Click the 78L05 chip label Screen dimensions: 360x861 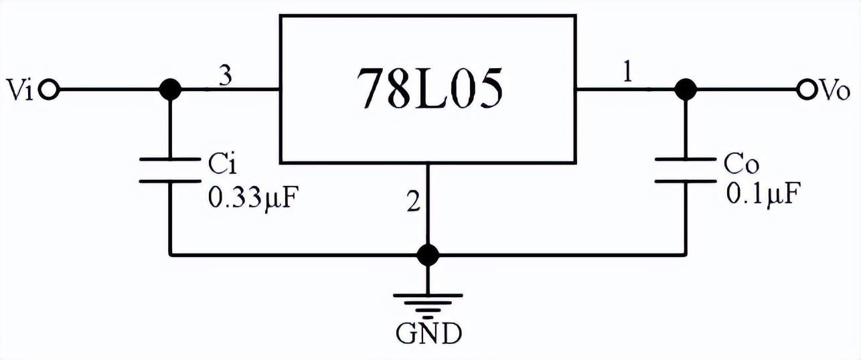pos(428,88)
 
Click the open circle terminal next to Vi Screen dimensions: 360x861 pos(49,89)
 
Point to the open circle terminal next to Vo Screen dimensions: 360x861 pos(805,89)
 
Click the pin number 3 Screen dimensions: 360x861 pos(226,77)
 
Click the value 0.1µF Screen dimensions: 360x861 pos(762,195)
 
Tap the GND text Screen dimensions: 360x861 pos(428,333)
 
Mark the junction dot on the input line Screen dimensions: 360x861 pos(171,89)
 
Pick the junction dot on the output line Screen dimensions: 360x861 pos(684,89)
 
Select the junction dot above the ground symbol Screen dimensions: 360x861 pos(427,254)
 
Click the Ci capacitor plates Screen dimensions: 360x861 pos(171,170)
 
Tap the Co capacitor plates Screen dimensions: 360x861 pos(684,170)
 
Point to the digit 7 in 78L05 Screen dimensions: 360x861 pos(371,89)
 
